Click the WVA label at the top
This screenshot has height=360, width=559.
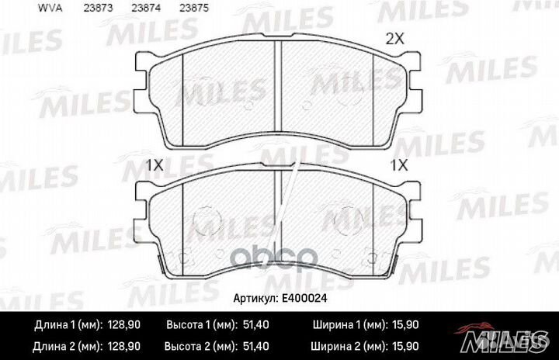click(x=50, y=8)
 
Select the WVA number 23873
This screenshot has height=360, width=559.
click(x=98, y=8)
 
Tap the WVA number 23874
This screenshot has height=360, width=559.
click(x=146, y=8)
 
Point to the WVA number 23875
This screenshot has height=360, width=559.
click(x=194, y=8)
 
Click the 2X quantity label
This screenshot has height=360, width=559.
click(x=395, y=39)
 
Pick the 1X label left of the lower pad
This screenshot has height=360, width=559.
click(x=155, y=165)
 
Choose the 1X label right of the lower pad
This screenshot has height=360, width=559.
click(x=399, y=165)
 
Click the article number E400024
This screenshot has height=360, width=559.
click(x=304, y=298)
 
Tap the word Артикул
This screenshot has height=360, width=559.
click(x=255, y=299)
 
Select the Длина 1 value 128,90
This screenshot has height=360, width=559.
click(x=123, y=325)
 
